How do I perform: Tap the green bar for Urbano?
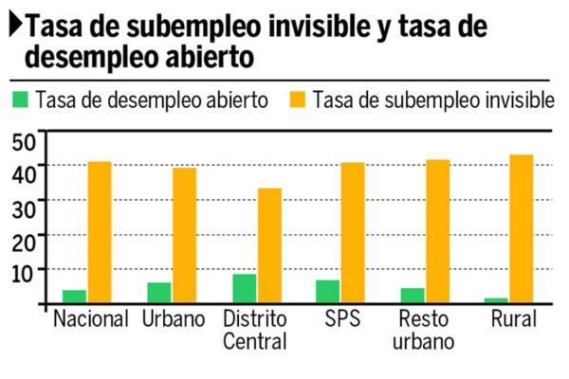tap(159, 293)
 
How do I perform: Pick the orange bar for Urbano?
tap(184, 236)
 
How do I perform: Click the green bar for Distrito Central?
tap(245, 288)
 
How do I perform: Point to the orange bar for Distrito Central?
tap(269, 245)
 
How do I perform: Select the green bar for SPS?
tap(327, 292)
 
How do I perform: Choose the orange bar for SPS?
tap(352, 233)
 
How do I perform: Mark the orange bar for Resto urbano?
tap(436, 231)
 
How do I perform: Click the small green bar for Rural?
tap(496, 300)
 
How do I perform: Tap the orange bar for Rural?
tap(521, 229)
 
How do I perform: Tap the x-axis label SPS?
tap(341, 319)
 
